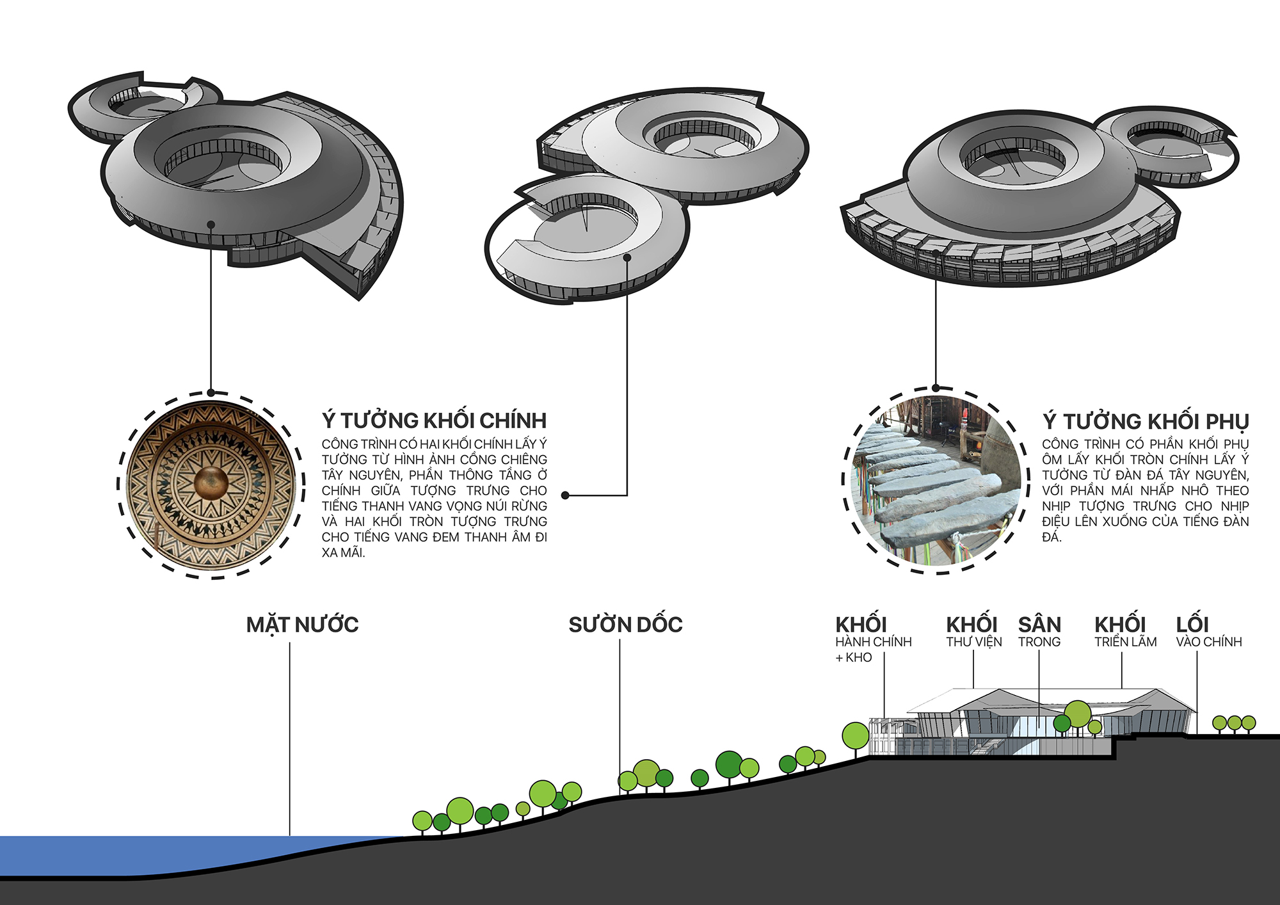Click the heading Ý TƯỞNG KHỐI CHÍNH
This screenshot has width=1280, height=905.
pyautogui.click(x=434, y=420)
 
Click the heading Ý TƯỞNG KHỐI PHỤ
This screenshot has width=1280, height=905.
pyautogui.click(x=1145, y=421)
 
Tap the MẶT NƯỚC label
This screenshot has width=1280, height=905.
pyautogui.click(x=302, y=625)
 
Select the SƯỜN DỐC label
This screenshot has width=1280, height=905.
pyautogui.click(x=625, y=625)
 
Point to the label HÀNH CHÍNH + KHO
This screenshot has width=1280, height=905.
pyautogui.click(x=872, y=642)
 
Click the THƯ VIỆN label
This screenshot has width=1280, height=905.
pyautogui.click(x=973, y=641)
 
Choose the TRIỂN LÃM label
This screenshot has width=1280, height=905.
pyautogui.click(x=1125, y=641)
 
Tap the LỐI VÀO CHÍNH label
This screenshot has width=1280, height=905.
pyautogui.click(x=1208, y=641)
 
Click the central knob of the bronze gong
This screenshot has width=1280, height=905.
pyautogui.click(x=211, y=483)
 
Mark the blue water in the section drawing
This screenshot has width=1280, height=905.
pyautogui.click(x=160, y=854)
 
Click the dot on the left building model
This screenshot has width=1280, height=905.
pyautogui.click(x=211, y=225)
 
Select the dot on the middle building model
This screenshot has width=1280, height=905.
pyautogui.click(x=627, y=258)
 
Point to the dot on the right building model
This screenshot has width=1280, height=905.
pyautogui.click(x=936, y=253)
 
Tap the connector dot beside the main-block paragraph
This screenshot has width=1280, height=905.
pyautogui.click(x=565, y=495)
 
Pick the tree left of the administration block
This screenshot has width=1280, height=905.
pyautogui.click(x=855, y=736)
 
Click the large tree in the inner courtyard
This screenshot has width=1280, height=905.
pyautogui.click(x=1078, y=714)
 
